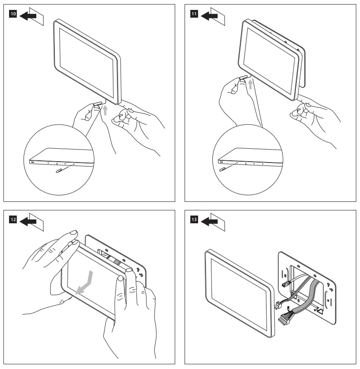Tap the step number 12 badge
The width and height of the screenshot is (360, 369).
tap(13, 220)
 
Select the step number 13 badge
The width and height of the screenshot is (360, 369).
tap(194, 220)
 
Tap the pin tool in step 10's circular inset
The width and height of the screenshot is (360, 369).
tap(62, 171)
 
